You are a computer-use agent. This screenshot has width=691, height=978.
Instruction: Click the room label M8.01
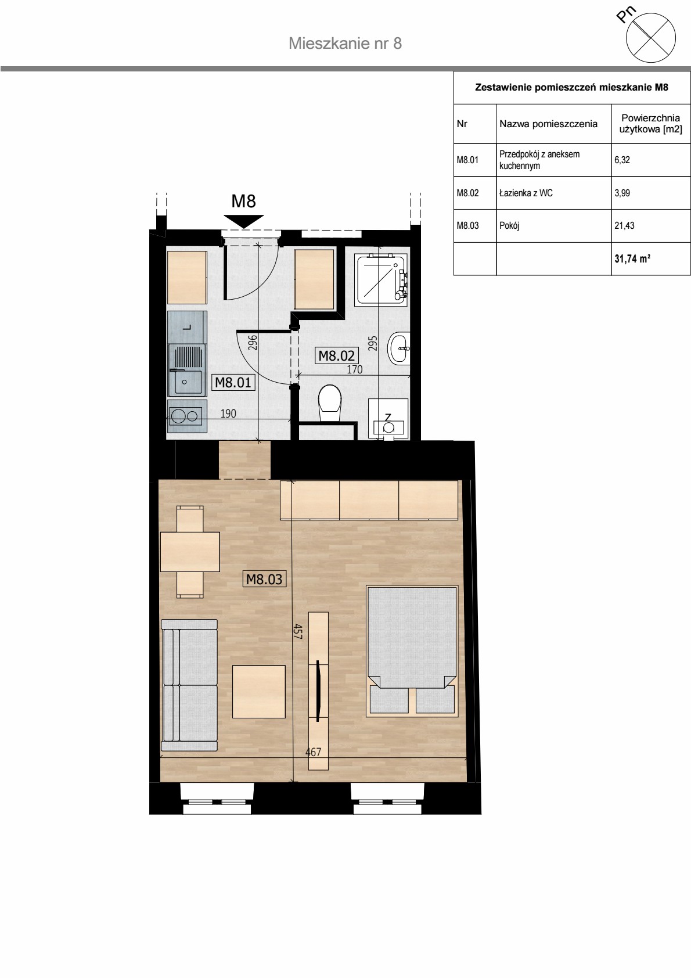233,383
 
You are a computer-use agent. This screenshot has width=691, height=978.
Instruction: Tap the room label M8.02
336,355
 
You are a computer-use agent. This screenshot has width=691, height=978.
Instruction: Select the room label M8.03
264,579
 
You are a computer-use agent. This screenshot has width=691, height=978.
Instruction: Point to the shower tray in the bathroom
382,278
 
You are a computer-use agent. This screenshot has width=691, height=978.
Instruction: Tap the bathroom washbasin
399,348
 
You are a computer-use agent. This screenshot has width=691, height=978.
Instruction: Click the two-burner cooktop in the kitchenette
187,416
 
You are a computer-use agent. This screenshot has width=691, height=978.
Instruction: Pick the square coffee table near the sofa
258,692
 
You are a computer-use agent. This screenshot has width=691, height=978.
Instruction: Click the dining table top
190,552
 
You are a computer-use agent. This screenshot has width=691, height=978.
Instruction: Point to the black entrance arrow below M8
243,221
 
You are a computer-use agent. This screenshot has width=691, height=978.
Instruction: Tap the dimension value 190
228,413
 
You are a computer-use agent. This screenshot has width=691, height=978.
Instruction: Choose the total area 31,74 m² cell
651,259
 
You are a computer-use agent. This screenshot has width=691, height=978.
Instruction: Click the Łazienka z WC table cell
553,193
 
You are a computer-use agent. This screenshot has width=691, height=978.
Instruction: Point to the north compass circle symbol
650,37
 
